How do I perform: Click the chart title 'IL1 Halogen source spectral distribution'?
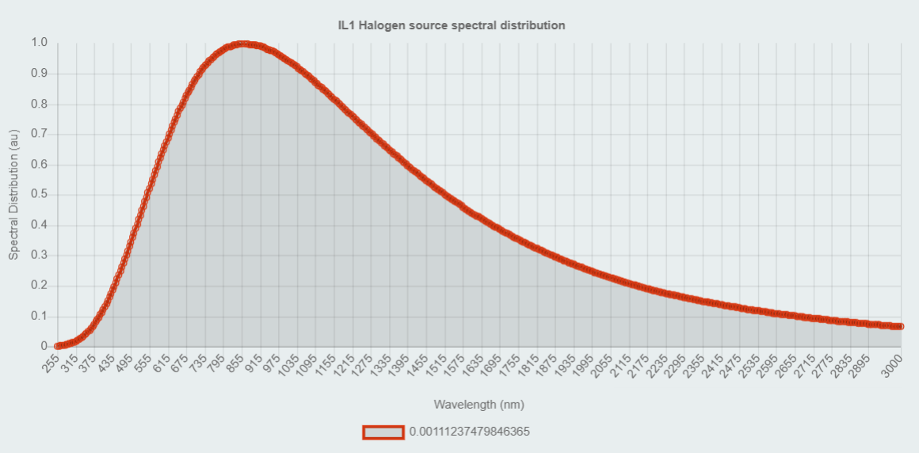(452, 25)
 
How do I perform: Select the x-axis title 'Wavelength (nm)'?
(479, 405)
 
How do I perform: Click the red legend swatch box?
(383, 432)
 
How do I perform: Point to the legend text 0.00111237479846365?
(469, 432)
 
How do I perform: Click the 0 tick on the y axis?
(44, 347)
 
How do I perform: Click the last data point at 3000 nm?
(900, 326)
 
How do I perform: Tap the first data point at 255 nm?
(58, 346)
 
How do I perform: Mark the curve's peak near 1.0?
(243, 44)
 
